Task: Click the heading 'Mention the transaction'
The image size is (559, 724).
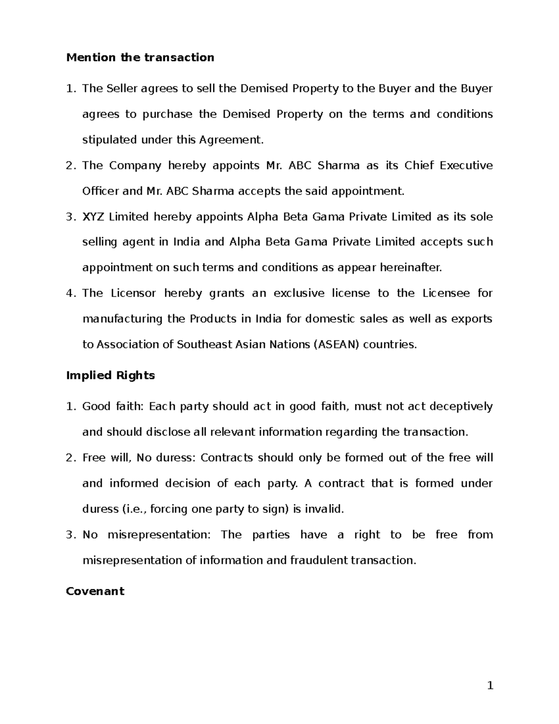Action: (140, 57)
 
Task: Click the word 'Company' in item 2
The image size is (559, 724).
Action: (135, 165)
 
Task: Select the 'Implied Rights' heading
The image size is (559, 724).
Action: (110, 375)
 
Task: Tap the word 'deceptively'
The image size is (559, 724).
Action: (460, 407)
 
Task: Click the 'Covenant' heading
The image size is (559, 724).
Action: (95, 591)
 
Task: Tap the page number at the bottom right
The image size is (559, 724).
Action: (490, 685)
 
